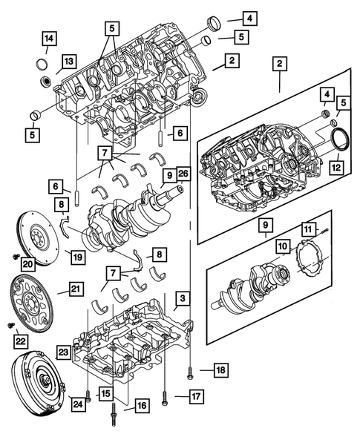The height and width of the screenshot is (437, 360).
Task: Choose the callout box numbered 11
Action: [x=307, y=229]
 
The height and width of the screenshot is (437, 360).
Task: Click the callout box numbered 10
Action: [x=284, y=244]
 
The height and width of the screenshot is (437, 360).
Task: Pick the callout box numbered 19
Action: [x=76, y=257]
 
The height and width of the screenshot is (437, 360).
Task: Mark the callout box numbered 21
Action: [x=76, y=289]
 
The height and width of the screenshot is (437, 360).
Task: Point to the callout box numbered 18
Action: [x=220, y=369]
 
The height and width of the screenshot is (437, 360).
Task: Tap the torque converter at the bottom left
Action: [x=34, y=384]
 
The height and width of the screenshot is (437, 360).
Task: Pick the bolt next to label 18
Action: [x=191, y=369]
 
